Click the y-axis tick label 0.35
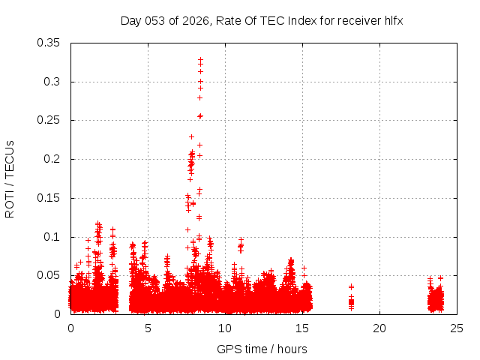49,43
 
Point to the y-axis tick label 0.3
52,82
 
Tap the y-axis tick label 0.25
49,120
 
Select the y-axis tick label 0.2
52,159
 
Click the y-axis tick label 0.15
49,198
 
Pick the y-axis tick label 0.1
52,237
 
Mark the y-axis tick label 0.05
49,275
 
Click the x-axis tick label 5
148,328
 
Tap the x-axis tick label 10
225,328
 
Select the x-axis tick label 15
302,328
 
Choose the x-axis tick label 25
457,328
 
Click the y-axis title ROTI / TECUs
10,178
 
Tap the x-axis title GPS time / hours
262,349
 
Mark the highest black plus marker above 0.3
200,59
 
